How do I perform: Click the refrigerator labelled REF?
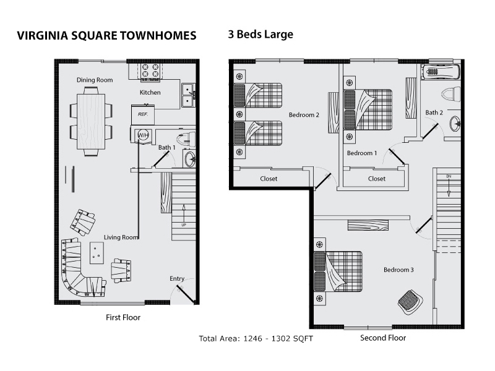143,114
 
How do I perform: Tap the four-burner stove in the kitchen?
150,71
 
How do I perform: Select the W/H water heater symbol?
143,135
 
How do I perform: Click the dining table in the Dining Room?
91,122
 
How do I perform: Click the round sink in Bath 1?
190,159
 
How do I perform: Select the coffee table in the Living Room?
97,253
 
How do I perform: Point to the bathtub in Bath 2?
441,72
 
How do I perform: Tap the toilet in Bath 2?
451,95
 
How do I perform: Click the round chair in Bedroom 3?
410,302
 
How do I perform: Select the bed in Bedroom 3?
338,271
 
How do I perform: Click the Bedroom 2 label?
304,115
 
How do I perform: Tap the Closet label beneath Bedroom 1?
377,179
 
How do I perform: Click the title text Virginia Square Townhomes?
106,35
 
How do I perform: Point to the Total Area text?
256,338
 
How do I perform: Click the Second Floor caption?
383,338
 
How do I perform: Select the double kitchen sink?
188,96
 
